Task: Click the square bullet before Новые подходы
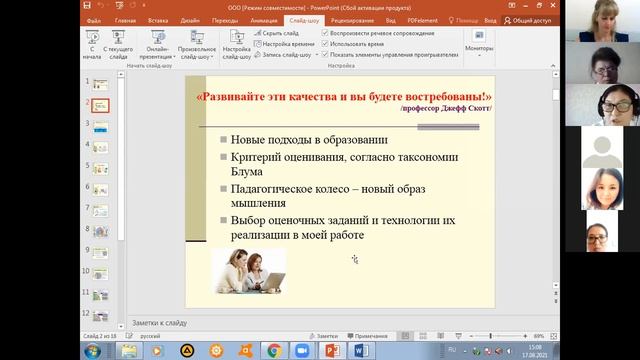click(x=222, y=138)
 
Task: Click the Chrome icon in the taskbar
click(x=274, y=350)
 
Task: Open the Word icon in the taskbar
click(x=361, y=350)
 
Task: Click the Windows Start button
click(x=92, y=350)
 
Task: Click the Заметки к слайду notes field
click(x=300, y=323)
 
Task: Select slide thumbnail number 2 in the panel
click(x=101, y=103)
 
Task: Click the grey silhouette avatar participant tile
click(x=603, y=150)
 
